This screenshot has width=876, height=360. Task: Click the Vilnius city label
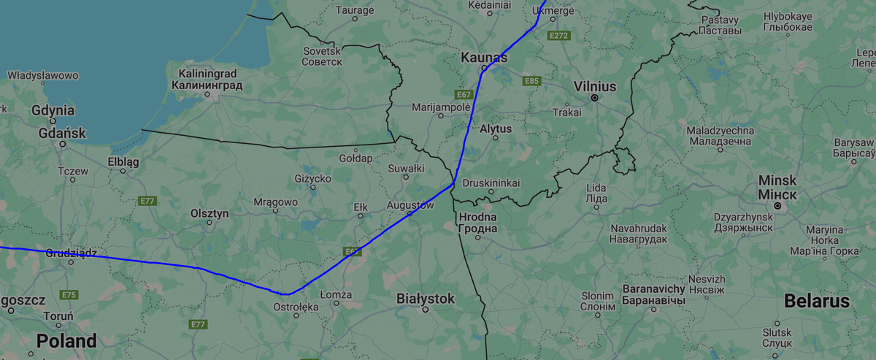coord(595,86)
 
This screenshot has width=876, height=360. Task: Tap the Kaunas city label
coord(484,57)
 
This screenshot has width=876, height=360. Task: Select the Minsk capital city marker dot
coord(778,207)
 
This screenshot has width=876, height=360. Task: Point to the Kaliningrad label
coord(207,80)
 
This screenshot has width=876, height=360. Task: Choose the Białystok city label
coord(425,299)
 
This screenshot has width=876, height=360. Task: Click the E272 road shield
coord(560,35)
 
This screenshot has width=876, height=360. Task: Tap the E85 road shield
coord(531,81)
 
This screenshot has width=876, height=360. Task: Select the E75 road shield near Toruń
coord(69,295)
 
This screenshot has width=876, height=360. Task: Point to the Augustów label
coord(410,205)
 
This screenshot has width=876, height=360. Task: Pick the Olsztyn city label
coord(210,213)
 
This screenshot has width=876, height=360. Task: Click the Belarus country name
coord(816,301)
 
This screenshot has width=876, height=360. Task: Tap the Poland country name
coord(66,340)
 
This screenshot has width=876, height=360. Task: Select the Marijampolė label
coord(441,107)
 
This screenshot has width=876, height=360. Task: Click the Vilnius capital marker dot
coord(595,98)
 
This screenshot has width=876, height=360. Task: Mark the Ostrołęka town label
coord(296,307)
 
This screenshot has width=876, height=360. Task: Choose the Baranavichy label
coord(653,294)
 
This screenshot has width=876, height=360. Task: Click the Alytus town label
coord(496,129)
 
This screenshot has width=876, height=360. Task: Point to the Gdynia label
coord(53,110)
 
